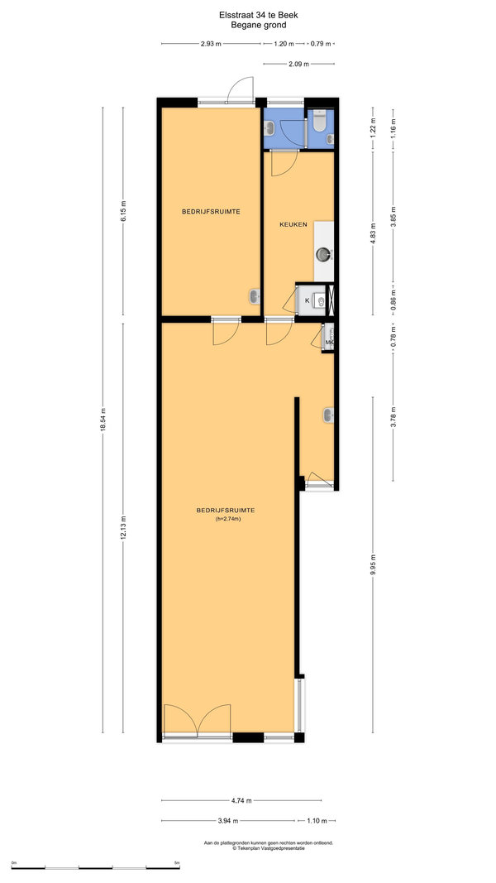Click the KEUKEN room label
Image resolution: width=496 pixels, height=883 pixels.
point(293,224)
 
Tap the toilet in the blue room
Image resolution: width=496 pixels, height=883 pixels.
point(319,121)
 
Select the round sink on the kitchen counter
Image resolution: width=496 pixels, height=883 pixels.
point(324,255)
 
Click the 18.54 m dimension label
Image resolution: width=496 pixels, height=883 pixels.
point(103,420)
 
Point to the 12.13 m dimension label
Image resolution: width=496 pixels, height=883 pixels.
point(123,528)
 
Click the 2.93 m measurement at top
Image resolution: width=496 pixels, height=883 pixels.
point(211,43)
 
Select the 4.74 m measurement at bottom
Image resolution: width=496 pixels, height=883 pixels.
point(241,800)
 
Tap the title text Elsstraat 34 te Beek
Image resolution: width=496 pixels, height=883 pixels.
point(251,17)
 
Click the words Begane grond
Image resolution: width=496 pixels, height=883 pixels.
point(251,25)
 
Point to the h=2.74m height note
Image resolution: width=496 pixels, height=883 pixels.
point(228,519)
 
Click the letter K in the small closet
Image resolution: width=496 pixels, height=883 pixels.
point(307,300)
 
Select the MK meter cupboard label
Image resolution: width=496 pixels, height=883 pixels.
point(330,342)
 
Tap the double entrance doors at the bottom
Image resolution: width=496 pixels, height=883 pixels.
point(198,719)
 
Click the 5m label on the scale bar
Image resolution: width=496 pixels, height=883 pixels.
point(177,862)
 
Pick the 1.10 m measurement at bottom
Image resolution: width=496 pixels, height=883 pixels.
point(317,820)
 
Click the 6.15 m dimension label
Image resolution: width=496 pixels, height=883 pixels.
point(123,213)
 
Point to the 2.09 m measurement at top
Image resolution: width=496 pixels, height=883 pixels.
point(298,65)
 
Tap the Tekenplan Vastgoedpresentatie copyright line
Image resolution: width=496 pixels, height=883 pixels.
point(268,847)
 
